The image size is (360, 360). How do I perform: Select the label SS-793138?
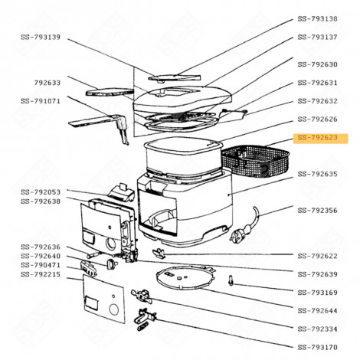317,18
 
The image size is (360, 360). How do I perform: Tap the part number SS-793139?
40,37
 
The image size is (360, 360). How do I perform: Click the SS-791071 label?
40,100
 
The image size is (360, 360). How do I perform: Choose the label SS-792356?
317,210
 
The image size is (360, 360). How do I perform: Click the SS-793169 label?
317,292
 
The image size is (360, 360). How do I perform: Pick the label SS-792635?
317,174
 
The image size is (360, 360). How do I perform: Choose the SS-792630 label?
317,64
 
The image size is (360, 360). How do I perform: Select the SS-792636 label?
40,246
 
